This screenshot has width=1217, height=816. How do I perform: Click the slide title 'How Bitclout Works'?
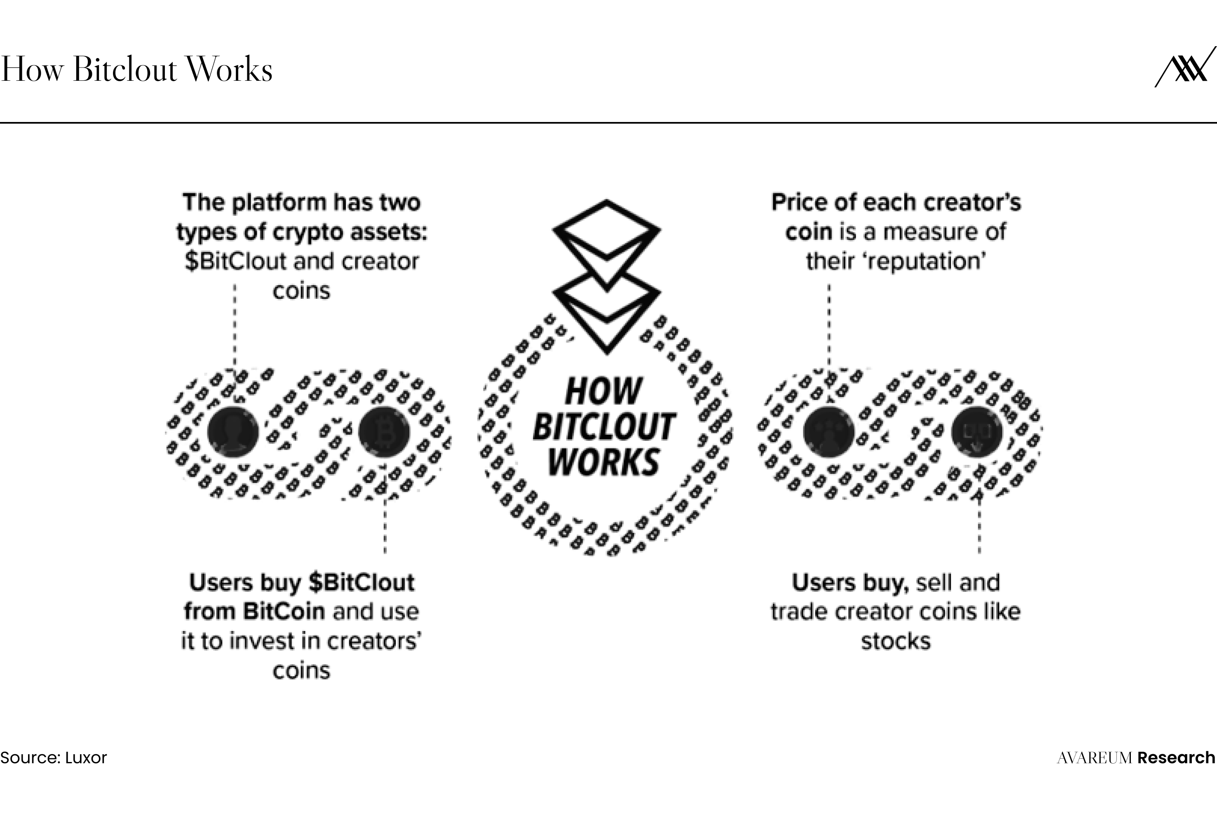pyautogui.click(x=136, y=69)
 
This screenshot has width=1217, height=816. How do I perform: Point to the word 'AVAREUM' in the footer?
pyautogui.click(x=1095, y=758)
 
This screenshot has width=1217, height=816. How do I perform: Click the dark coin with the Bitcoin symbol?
pyautogui.click(x=384, y=432)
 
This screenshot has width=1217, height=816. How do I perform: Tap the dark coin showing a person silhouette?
pyautogui.click(x=233, y=432)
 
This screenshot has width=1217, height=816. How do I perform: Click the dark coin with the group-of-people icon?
pyautogui.click(x=828, y=432)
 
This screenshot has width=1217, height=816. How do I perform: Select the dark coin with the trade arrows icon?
pyautogui.click(x=977, y=432)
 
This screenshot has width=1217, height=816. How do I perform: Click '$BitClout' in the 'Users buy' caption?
pyautogui.click(x=361, y=582)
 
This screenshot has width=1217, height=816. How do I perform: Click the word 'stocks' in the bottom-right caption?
pyautogui.click(x=895, y=641)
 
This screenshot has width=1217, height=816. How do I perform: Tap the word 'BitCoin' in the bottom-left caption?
pyautogui.click(x=284, y=612)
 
